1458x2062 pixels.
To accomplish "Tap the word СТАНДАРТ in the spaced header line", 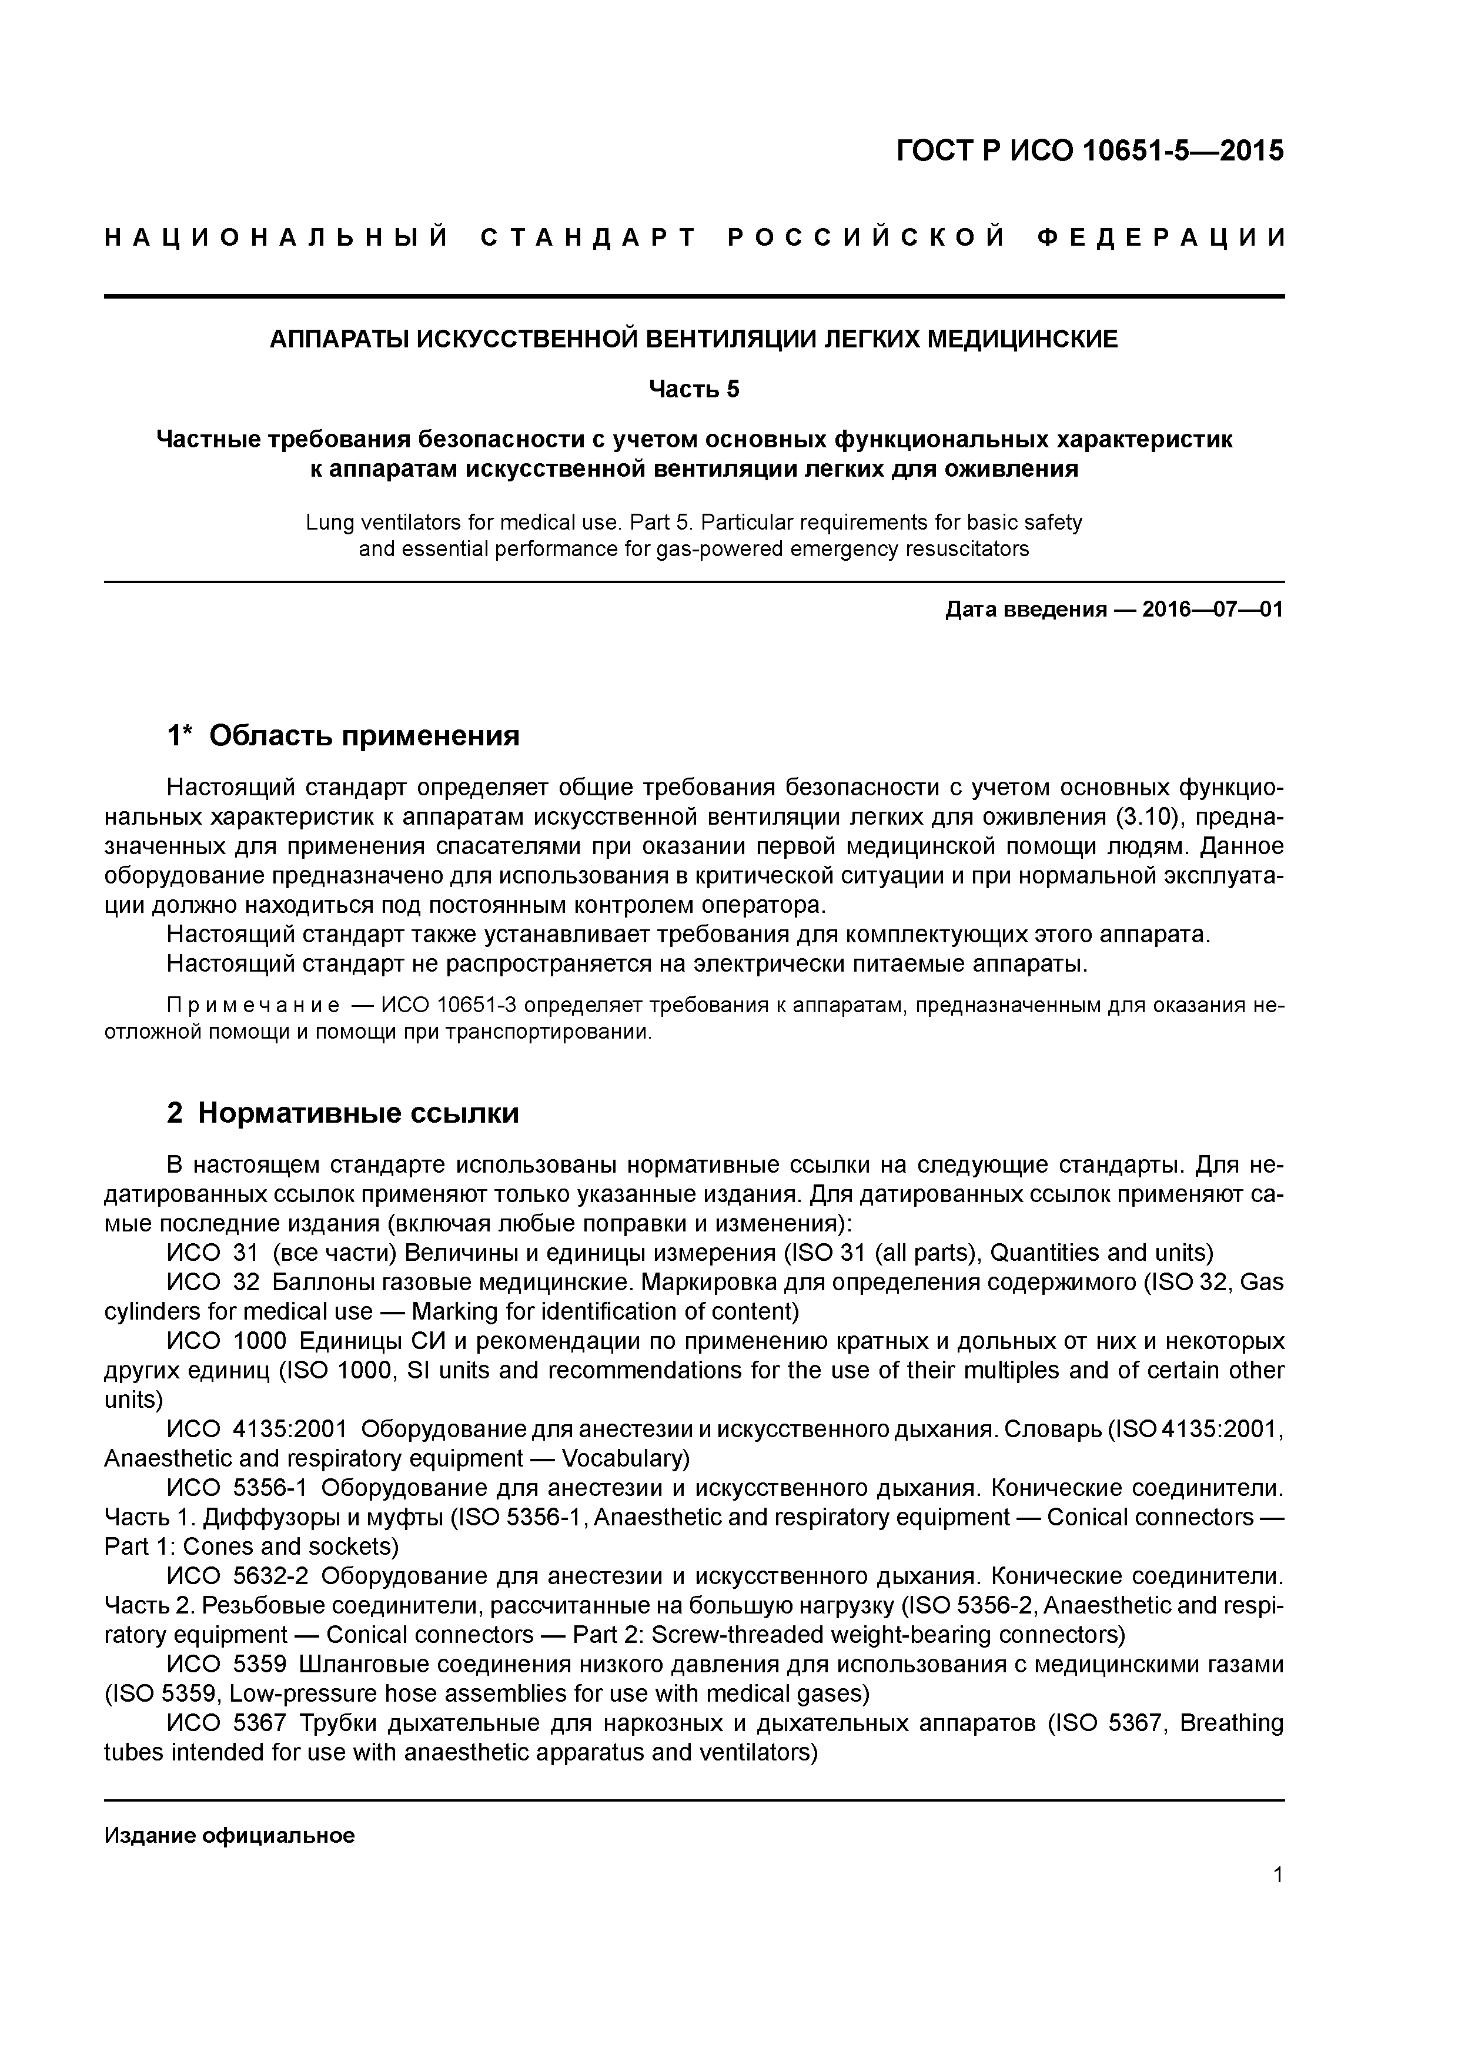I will (588, 238).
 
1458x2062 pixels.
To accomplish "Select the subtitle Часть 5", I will (694, 389).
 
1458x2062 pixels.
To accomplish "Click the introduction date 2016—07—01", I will (1212, 611).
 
